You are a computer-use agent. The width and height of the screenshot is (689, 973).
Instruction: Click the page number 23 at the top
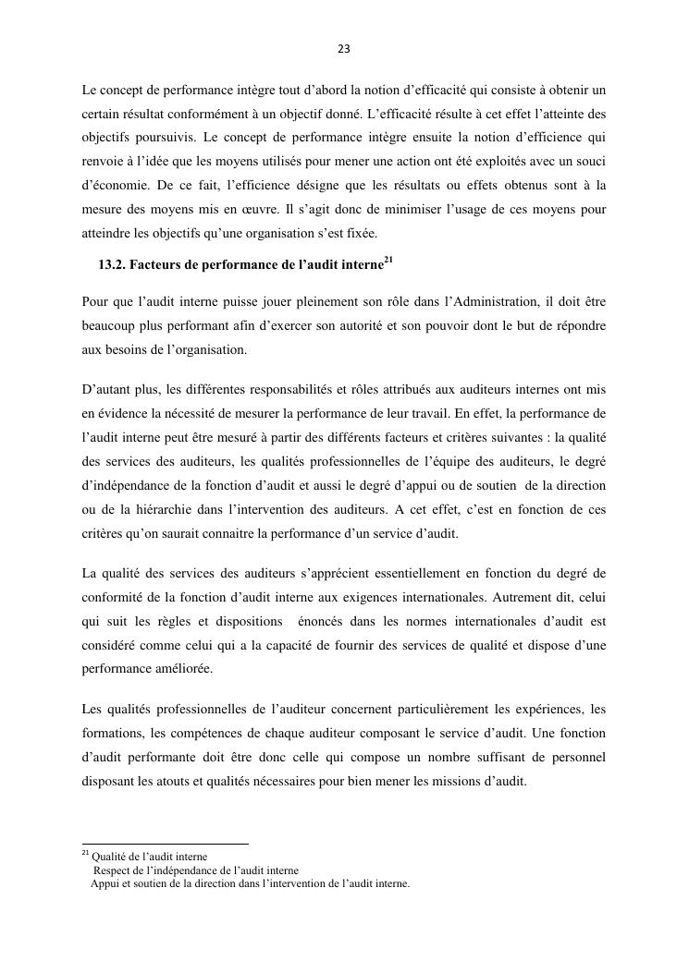[x=344, y=49]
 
